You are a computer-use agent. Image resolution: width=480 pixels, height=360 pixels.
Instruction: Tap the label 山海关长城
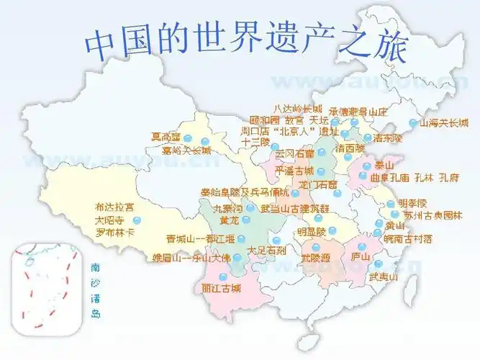pyautogui.click(x=444, y=122)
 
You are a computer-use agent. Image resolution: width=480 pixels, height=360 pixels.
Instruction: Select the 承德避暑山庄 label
pyautogui.click(x=358, y=112)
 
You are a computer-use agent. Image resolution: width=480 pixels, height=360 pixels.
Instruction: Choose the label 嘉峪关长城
pyautogui.click(x=187, y=150)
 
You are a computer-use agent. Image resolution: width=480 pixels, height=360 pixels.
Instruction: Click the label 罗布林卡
pyautogui.click(x=114, y=233)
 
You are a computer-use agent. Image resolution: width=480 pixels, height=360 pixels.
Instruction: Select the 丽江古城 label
pyautogui.click(x=222, y=288)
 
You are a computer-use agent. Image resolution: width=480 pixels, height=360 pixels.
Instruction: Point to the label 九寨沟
pyautogui.click(x=228, y=208)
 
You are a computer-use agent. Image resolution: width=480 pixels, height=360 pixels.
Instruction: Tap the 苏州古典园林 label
pyautogui.click(x=433, y=215)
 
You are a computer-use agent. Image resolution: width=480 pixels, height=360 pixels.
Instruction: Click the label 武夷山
pyautogui.click(x=384, y=276)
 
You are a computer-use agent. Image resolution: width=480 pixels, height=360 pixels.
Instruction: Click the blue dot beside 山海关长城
pyautogui.click(x=412, y=122)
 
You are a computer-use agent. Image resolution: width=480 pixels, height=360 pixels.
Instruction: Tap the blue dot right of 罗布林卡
pyautogui.click(x=137, y=220)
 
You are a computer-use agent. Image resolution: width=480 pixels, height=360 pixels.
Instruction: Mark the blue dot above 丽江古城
pyautogui.click(x=222, y=276)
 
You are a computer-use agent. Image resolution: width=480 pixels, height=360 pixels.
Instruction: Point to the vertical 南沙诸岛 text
pyautogui.click(x=96, y=289)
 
